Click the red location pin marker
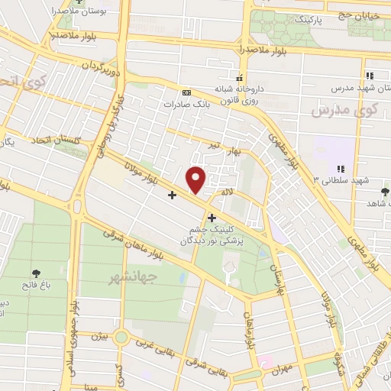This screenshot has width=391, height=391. click(x=196, y=179)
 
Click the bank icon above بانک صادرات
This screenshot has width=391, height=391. click(x=187, y=92)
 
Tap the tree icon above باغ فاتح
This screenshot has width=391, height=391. click(x=37, y=273)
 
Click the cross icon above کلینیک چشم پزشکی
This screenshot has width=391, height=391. click(x=212, y=218)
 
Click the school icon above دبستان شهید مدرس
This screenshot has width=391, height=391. click(x=370, y=76)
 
